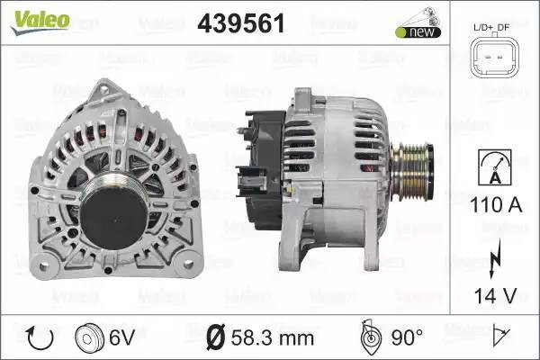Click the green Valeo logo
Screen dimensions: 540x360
40,22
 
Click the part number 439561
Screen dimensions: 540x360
241,23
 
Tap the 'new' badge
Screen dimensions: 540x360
418,32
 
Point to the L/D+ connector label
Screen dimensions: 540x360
483,28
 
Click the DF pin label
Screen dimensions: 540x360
503,27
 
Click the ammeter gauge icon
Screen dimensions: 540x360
495,167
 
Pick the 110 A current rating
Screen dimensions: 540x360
496,205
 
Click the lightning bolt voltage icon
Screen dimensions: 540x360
495,258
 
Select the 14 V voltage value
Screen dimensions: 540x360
496,295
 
